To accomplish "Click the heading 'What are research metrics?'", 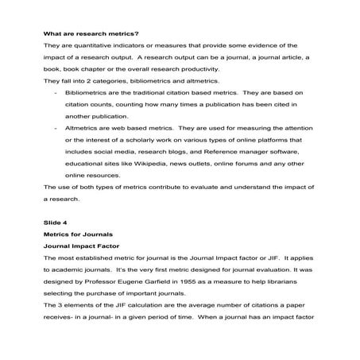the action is pos(91,34).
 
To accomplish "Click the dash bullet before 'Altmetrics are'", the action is pos(55,128).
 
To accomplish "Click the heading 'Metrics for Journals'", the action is pos(78,235).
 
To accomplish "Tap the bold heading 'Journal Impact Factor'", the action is pos(82,247).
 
